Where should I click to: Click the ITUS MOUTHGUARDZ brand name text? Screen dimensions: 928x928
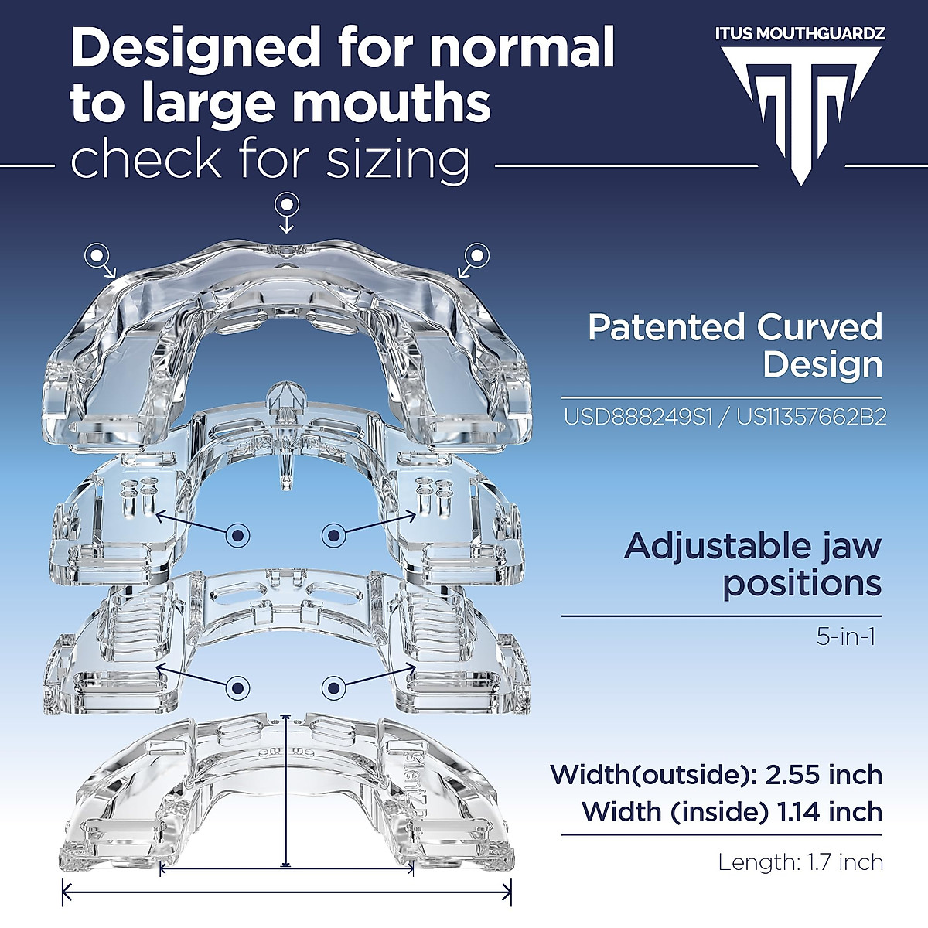click(800, 33)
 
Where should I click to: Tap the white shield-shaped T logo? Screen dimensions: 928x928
click(801, 108)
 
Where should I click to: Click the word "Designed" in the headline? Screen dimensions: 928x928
click(193, 48)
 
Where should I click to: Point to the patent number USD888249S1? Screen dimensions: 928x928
click(644, 418)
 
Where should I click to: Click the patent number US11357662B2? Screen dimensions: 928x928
click(811, 418)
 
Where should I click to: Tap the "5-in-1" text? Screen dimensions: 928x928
click(846, 637)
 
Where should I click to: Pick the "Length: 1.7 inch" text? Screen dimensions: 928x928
click(800, 861)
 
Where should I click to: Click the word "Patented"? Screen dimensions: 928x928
click(666, 328)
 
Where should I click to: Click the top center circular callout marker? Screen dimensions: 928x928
click(288, 205)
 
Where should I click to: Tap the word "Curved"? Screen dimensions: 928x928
click(820, 328)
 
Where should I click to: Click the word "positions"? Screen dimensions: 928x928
click(802, 583)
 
